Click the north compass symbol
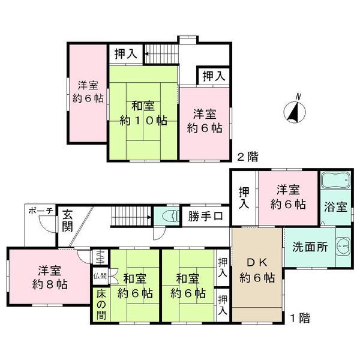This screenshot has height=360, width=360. (295, 112)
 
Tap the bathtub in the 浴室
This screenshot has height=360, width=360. (335, 181)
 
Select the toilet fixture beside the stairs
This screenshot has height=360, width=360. (170, 217)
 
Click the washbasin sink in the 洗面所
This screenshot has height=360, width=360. (343, 246)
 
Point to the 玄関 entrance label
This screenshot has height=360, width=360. (67, 220)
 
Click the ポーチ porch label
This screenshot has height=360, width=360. (41, 211)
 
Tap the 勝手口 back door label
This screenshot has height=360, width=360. (205, 216)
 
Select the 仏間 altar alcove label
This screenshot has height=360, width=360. (100, 276)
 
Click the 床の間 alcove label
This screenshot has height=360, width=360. (101, 305)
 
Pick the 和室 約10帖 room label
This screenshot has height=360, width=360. (143, 113)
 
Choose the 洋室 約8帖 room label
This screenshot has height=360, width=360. (50, 278)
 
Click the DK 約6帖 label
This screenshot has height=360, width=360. (257, 270)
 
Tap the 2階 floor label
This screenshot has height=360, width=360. (248, 157)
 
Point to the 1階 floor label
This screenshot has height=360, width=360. (300, 318)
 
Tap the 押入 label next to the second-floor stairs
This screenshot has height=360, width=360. (126, 54)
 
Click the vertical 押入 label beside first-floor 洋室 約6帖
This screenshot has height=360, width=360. (244, 198)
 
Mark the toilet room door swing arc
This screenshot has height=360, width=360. (160, 234)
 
